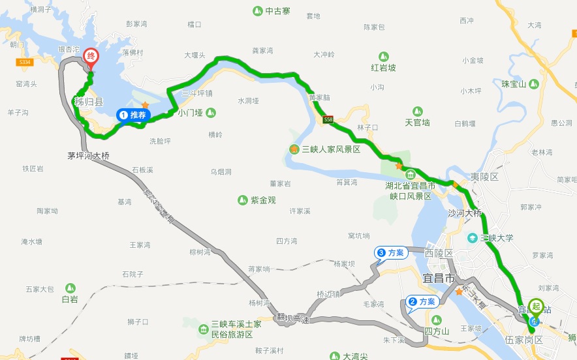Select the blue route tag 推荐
pyautogui.click(x=134, y=115)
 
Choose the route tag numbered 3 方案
pyautogui.click(x=391, y=252)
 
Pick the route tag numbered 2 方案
pyautogui.click(x=422, y=301)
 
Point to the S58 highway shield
pyautogui.click(x=328, y=119)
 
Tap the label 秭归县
pyautogui.click(x=89, y=102)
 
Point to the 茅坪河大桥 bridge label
pyautogui.click(x=89, y=156)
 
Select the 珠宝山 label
pyautogui.click(x=514, y=84)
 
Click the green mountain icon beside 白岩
pyautogui.click(x=69, y=288)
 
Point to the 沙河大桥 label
pyautogui.click(x=464, y=213)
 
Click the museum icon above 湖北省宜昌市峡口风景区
pyautogui.click(x=410, y=175)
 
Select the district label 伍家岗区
pyautogui.click(x=524, y=340)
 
